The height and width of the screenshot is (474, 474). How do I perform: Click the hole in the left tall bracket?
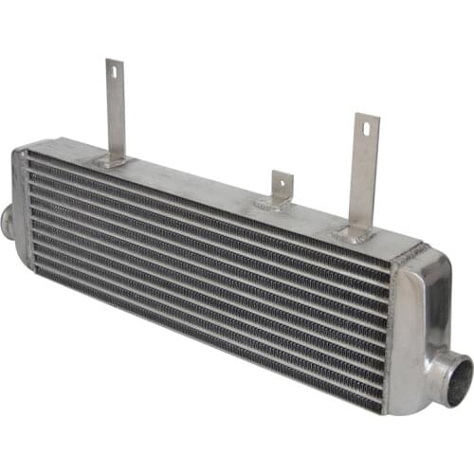tap(112, 72)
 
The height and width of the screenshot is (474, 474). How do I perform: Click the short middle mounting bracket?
tap(279, 190)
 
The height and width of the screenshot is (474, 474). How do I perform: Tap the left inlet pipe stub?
tap(8, 220)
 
